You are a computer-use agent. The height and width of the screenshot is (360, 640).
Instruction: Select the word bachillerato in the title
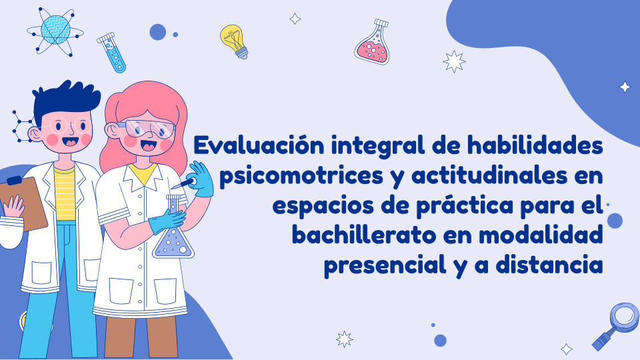coord(364,235)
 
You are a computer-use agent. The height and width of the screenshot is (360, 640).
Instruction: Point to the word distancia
coord(549,265)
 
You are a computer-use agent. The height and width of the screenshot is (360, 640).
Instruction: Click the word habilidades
coord(535,145)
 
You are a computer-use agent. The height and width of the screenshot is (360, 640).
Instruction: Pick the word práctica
coord(465,205)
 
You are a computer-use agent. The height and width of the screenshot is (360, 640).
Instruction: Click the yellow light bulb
coord(234,41)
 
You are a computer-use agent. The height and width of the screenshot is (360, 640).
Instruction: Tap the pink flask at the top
coord(372,41)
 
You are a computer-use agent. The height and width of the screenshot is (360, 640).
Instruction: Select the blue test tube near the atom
coord(111,53)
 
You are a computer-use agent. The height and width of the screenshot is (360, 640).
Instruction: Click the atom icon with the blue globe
coord(55,31)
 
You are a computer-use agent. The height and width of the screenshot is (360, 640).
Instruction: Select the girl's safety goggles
coord(147,127)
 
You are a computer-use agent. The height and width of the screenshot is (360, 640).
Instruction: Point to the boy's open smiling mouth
coord(71,142)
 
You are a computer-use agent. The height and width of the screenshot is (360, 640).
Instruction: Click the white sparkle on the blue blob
coord(625,87)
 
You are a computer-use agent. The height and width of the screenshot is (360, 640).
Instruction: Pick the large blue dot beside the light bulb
coord(157,32)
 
